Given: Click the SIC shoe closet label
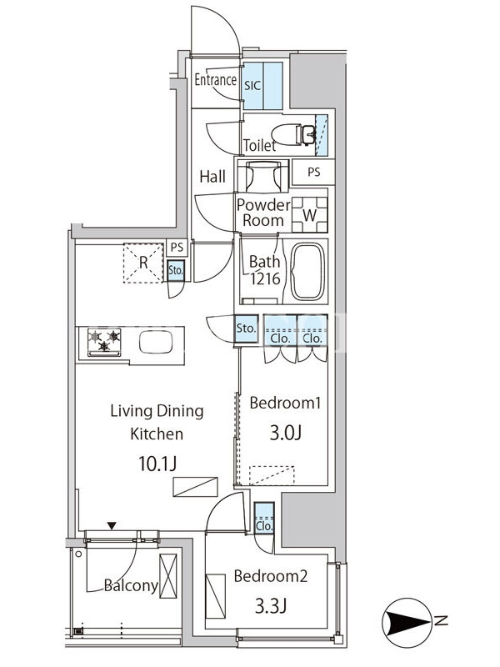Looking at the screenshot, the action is [x=252, y=86].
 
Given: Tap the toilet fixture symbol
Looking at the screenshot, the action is [x=293, y=134].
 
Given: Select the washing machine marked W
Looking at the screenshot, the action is [x=309, y=215].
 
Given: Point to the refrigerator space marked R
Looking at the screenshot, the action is [x=143, y=263].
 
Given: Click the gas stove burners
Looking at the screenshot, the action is [x=104, y=342].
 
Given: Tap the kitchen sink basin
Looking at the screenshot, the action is [x=156, y=342].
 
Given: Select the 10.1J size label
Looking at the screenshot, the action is [x=157, y=464].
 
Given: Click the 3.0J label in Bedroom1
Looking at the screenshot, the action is [x=285, y=433].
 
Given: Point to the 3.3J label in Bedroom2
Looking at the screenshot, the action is [x=271, y=606].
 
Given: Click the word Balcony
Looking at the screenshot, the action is [x=131, y=586].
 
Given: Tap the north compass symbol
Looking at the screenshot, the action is [x=407, y=622].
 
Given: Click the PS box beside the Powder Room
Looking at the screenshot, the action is [x=314, y=172].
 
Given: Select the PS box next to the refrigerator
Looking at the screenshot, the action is [x=177, y=247].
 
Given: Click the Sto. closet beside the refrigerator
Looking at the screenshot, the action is [x=176, y=270].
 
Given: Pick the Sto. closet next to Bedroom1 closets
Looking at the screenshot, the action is [x=246, y=328].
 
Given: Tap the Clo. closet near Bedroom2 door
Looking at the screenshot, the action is [x=264, y=518].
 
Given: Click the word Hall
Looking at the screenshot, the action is [x=212, y=177].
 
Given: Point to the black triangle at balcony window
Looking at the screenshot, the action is [x=112, y=526].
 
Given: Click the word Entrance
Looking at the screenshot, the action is [x=216, y=79].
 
